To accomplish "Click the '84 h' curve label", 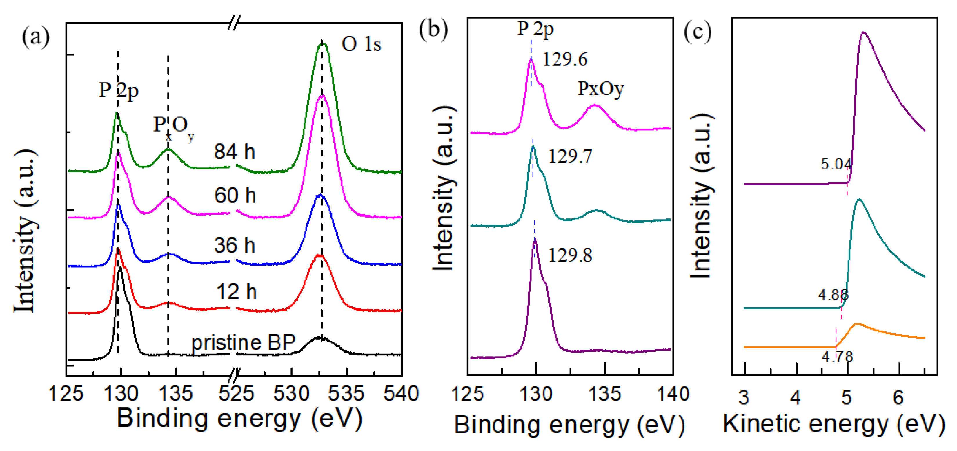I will click(x=235, y=152).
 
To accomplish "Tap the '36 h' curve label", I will click(x=235, y=245).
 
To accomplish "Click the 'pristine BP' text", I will click(x=243, y=342).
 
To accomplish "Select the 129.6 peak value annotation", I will click(x=565, y=59).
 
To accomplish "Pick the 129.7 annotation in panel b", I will click(x=570, y=156).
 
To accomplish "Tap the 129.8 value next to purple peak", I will click(x=570, y=255).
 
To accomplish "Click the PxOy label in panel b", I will click(x=600, y=89).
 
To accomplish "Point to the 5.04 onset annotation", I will click(x=836, y=164).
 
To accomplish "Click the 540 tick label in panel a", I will click(x=401, y=393).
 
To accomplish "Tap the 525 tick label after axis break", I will click(x=236, y=393).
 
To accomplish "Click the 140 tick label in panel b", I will click(x=673, y=393).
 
